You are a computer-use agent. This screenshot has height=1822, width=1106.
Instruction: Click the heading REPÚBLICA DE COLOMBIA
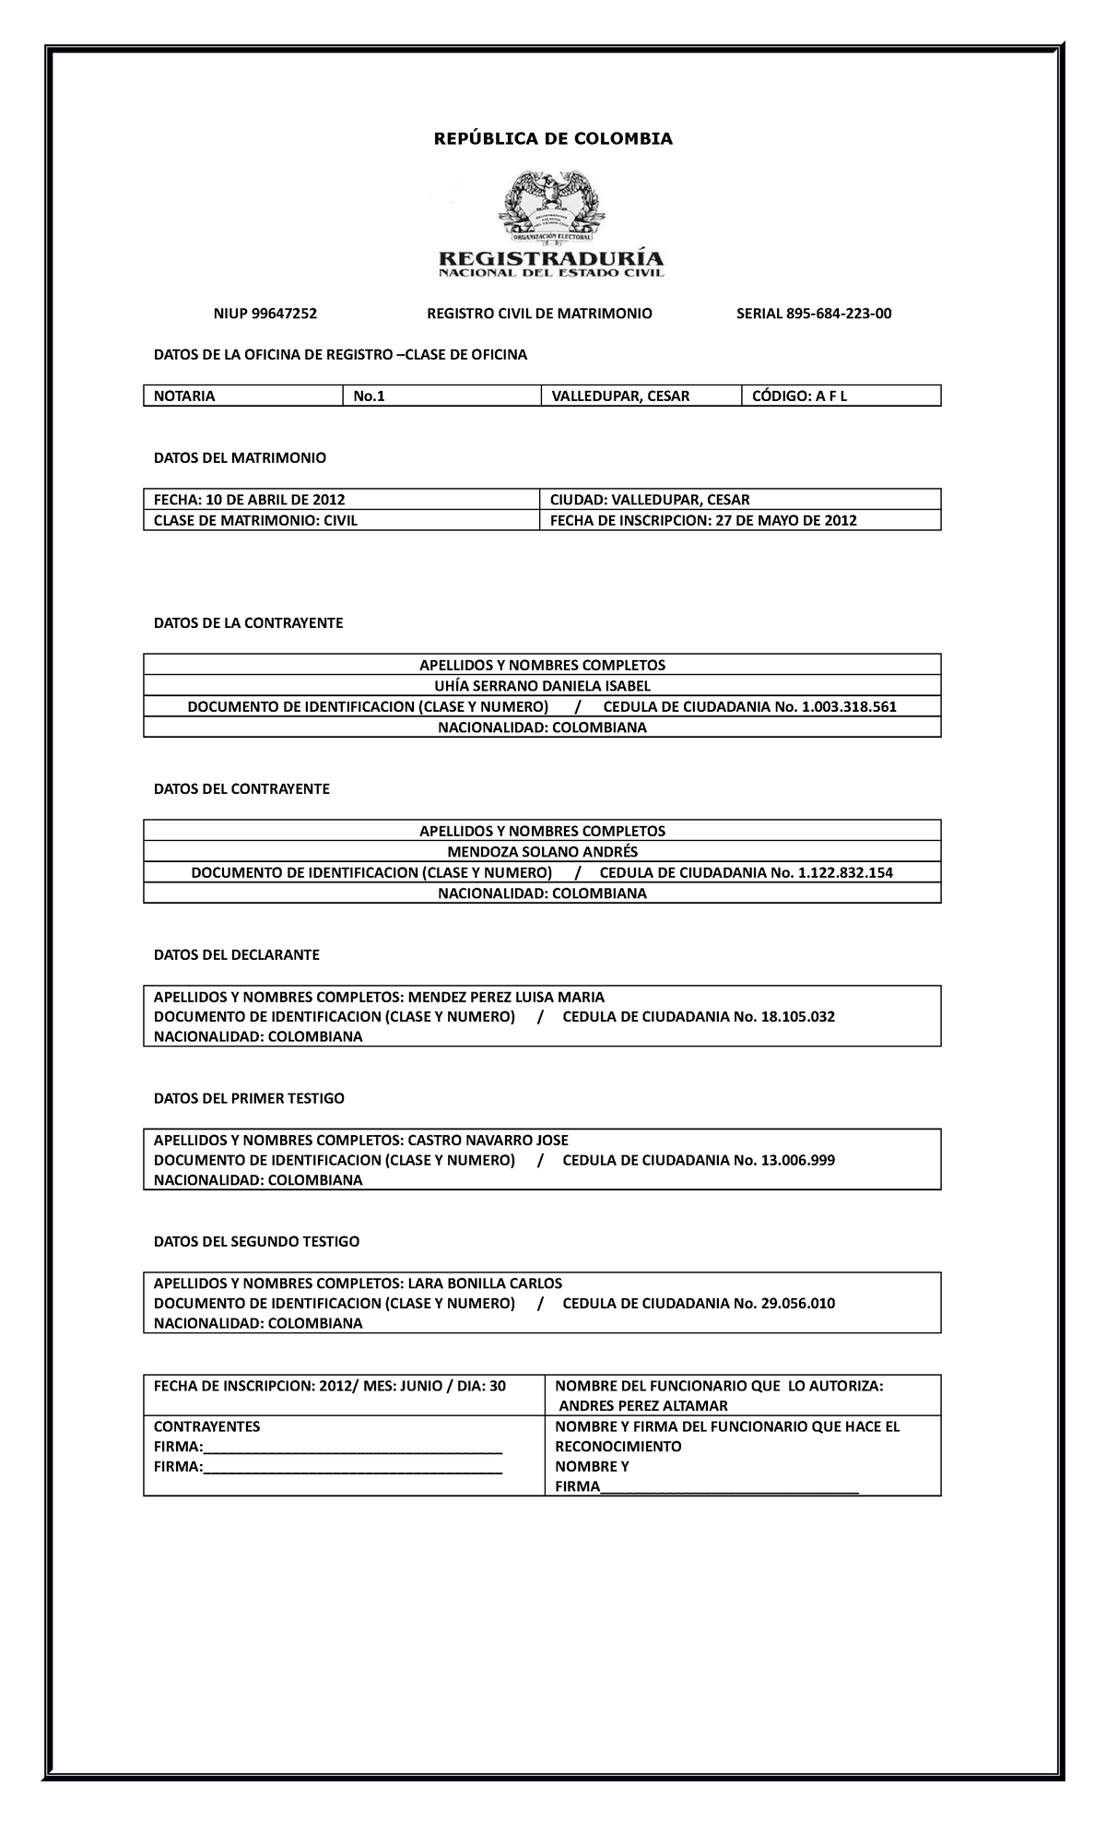pos(553,139)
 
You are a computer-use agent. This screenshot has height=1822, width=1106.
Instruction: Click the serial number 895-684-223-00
pos(839,314)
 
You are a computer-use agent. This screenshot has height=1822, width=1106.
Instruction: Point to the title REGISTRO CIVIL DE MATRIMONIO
pos(539,314)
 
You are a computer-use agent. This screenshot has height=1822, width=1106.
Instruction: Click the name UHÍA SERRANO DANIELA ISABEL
pos(542,686)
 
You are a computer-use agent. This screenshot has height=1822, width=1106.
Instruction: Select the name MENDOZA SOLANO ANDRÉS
pos(542,852)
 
